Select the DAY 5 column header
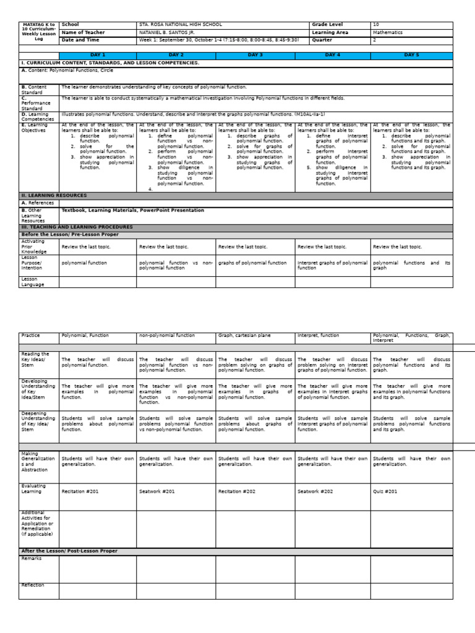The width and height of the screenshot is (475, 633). (x=411, y=55)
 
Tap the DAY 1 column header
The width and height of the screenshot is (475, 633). (x=98, y=55)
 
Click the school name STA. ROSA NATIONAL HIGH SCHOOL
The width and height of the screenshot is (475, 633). (x=178, y=25)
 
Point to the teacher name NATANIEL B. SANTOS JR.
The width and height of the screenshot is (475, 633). (x=166, y=33)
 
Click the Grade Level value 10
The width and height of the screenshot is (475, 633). (x=376, y=25)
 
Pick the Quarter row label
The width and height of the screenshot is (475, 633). (x=322, y=40)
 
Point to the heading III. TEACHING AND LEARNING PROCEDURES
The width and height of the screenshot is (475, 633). (x=77, y=227)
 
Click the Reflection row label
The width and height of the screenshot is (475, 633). (x=33, y=585)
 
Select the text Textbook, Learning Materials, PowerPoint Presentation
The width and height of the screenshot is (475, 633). (x=132, y=210)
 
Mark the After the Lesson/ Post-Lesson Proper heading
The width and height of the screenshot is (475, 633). (x=69, y=551)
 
